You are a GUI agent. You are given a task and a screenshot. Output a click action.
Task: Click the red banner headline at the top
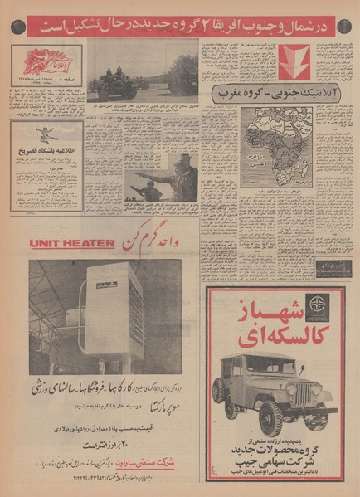[x=179, y=25]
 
